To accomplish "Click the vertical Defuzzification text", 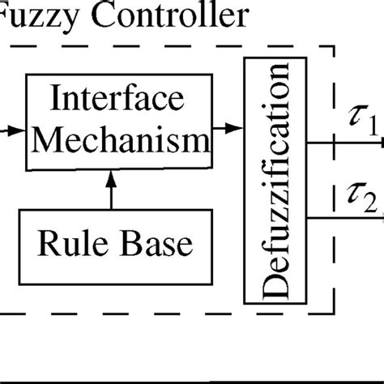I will click(275, 186).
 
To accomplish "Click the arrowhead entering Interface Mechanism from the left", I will click(16, 128).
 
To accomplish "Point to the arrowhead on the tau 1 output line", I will click(380, 143).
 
